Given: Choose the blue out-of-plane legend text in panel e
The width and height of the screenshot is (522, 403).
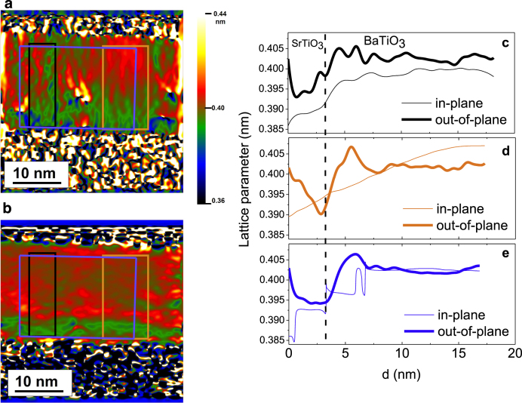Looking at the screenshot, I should [x=464, y=331].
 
